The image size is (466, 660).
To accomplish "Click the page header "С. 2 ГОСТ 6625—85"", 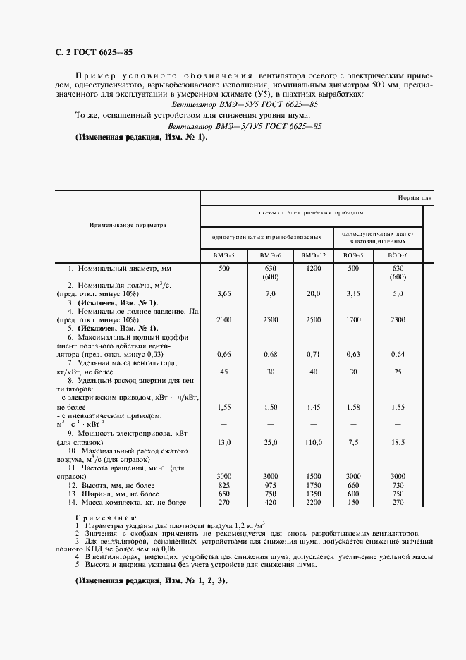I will pos(93,52).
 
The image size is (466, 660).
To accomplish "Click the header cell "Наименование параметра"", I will pos(128,226).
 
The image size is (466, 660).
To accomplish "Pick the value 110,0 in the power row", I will pos(312,442).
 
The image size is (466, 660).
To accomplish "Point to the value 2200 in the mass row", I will pos(312,503).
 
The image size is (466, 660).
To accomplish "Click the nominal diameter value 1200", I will pos(312,269).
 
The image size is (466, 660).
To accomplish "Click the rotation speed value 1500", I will pos(312,476).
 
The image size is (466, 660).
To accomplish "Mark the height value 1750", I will pos(312,485).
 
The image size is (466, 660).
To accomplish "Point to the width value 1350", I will pos(312,494).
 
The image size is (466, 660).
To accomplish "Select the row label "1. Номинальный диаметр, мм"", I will pos(120,269).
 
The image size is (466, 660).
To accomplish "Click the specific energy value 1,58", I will pos(353,408).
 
